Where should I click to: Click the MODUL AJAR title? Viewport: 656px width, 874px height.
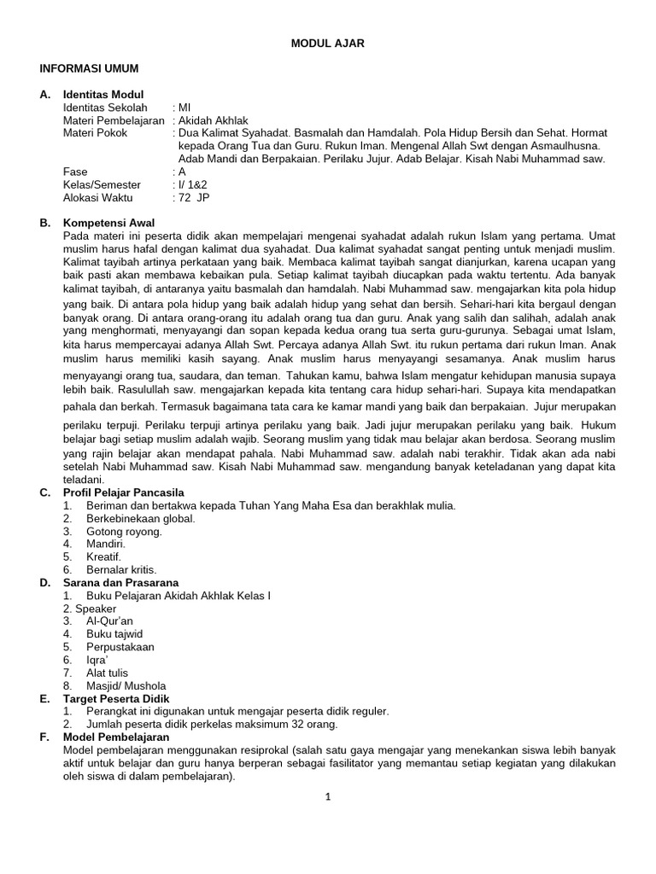[328, 44]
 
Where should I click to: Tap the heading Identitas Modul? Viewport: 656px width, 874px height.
[103, 94]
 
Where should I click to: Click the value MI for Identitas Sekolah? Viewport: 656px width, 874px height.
[184, 108]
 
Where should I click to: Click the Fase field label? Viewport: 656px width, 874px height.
[76, 172]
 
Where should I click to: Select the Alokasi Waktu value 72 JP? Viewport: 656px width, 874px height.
[194, 197]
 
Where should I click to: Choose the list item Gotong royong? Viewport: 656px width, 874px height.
[124, 531]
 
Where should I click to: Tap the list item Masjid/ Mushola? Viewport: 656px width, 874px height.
[126, 685]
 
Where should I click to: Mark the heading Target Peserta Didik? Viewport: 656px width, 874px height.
[116, 698]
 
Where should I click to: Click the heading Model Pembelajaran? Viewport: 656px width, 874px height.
[116, 737]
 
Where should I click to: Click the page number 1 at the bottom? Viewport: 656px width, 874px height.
[327, 797]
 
